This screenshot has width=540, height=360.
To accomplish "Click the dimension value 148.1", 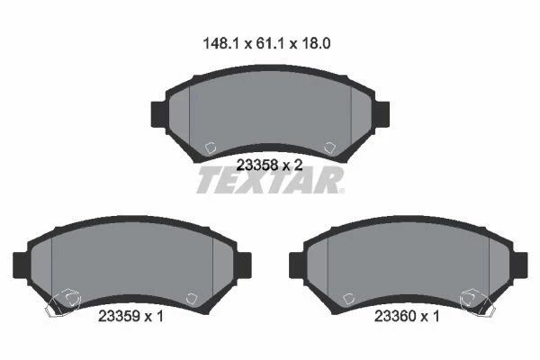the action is click(x=220, y=44).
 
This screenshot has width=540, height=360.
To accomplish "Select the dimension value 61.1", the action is click(x=270, y=44).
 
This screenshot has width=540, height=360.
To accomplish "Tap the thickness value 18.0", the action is click(x=316, y=44).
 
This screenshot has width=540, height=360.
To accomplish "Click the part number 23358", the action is click(x=257, y=166).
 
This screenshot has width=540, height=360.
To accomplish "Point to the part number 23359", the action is click(x=119, y=316).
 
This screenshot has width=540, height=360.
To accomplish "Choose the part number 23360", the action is click(x=395, y=316).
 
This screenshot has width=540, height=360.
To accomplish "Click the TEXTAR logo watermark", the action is click(x=270, y=180).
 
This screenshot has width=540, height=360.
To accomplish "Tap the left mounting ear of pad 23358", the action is click(x=158, y=114).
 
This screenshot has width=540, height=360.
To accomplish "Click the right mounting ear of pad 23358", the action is click(x=382, y=114).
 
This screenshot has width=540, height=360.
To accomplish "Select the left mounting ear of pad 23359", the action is click(x=21, y=265).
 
